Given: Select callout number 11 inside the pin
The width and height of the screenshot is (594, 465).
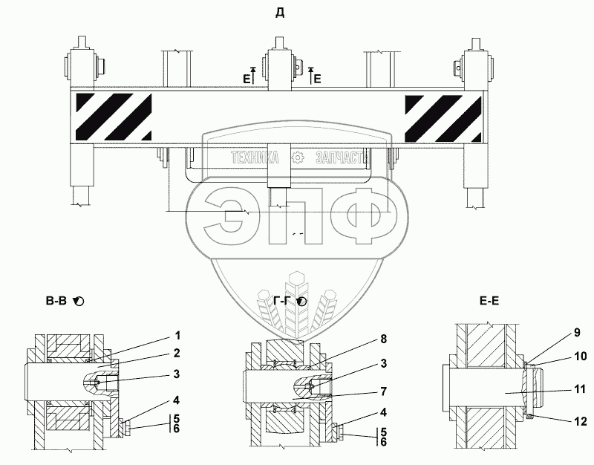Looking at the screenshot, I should [579, 388].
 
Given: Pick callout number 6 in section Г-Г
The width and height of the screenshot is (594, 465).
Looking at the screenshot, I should [382, 442].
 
